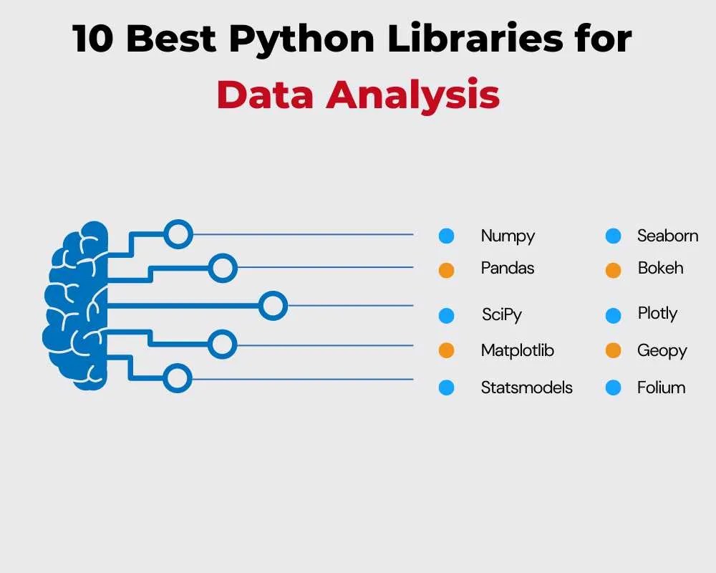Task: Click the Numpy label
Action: click(x=508, y=236)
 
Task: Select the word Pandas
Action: click(x=508, y=269)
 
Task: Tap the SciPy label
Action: click(x=502, y=314)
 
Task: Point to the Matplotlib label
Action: click(x=517, y=350)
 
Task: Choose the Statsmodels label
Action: click(x=526, y=387)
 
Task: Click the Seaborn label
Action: click(x=667, y=236)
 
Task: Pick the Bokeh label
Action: click(x=660, y=269)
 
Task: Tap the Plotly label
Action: click(x=657, y=314)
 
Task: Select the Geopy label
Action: click(x=662, y=350)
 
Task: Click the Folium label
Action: click(x=661, y=387)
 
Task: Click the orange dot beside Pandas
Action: click(x=446, y=271)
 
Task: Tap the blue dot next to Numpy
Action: click(x=446, y=236)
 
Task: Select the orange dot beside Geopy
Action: click(x=613, y=351)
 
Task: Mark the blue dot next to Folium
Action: click(x=613, y=387)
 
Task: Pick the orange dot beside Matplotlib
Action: click(x=446, y=351)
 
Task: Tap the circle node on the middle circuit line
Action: click(x=272, y=306)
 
